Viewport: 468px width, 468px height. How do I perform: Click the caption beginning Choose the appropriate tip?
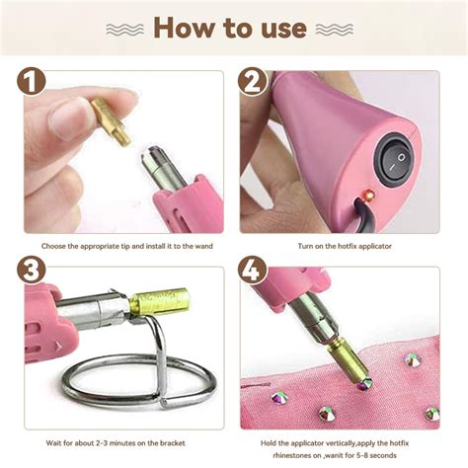126,245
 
